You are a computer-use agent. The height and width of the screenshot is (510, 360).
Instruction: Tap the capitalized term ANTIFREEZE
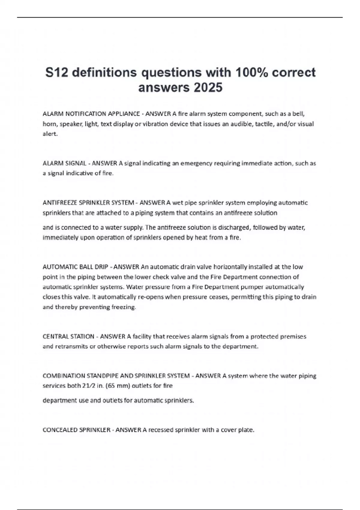58,203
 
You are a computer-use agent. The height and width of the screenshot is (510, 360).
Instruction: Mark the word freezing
124,307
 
